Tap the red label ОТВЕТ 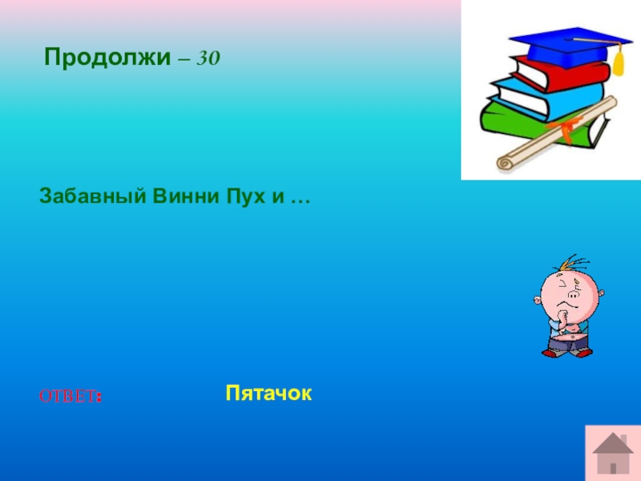tap(71, 396)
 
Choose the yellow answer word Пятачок tap(268, 393)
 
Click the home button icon tap(613, 453)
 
